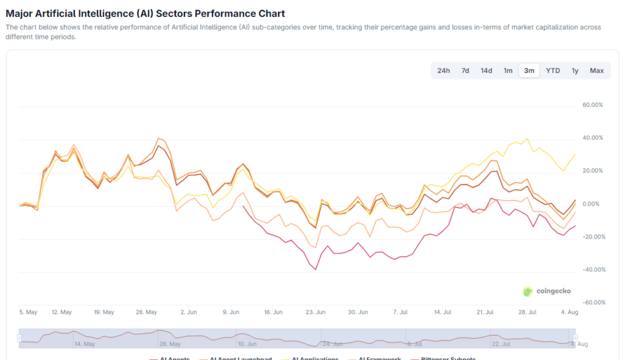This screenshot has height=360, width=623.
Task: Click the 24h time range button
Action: [444, 71]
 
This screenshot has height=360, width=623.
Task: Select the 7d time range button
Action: [465, 71]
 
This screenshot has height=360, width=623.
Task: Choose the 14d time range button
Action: [487, 71]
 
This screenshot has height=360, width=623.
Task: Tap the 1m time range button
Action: [508, 71]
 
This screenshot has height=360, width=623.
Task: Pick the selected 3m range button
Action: [529, 71]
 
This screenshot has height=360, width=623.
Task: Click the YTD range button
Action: [553, 71]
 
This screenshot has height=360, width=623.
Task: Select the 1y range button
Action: [575, 71]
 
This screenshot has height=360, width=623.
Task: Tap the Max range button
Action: [597, 71]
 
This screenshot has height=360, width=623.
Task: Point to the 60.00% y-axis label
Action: [593, 105]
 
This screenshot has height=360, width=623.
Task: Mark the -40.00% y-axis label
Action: [592, 269]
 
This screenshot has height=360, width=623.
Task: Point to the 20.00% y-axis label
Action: [593, 171]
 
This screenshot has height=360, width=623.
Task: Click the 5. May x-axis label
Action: [28, 312]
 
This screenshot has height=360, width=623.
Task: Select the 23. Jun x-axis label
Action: [316, 312]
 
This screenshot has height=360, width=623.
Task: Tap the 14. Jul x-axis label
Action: [442, 312]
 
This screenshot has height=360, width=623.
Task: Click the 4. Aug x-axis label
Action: [569, 312]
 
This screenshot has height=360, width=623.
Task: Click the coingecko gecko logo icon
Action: [527, 291]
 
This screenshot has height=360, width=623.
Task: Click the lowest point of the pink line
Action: [316, 269]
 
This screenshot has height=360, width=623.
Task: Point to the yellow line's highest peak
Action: [527, 139]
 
